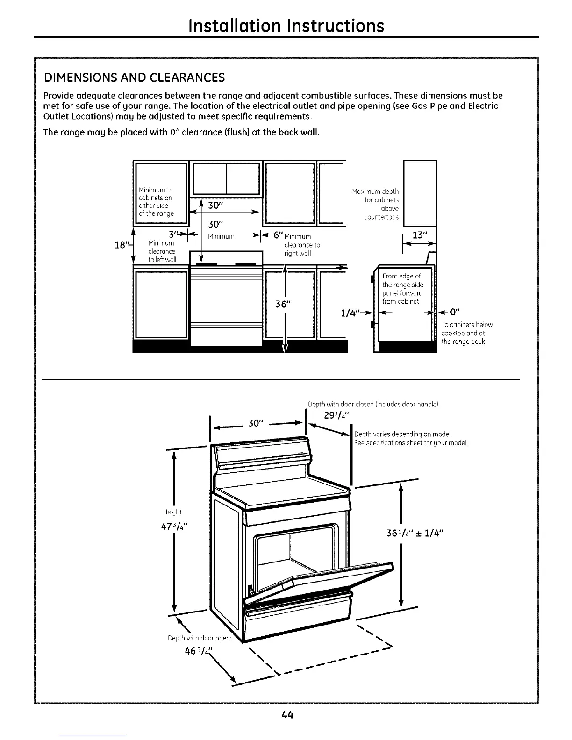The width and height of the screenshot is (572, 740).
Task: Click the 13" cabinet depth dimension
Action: point(419,235)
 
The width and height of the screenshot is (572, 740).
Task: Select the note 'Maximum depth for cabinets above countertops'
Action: point(376,204)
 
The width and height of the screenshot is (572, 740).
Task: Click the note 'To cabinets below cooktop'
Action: point(466,333)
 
